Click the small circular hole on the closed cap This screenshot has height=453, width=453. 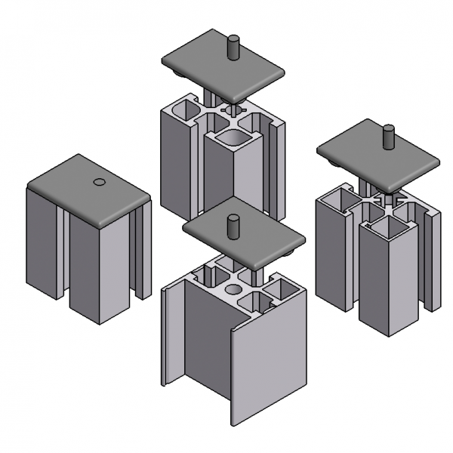[98, 182]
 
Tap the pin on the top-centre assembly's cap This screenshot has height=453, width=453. [233, 46]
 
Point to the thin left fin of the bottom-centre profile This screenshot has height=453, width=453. [171, 332]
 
